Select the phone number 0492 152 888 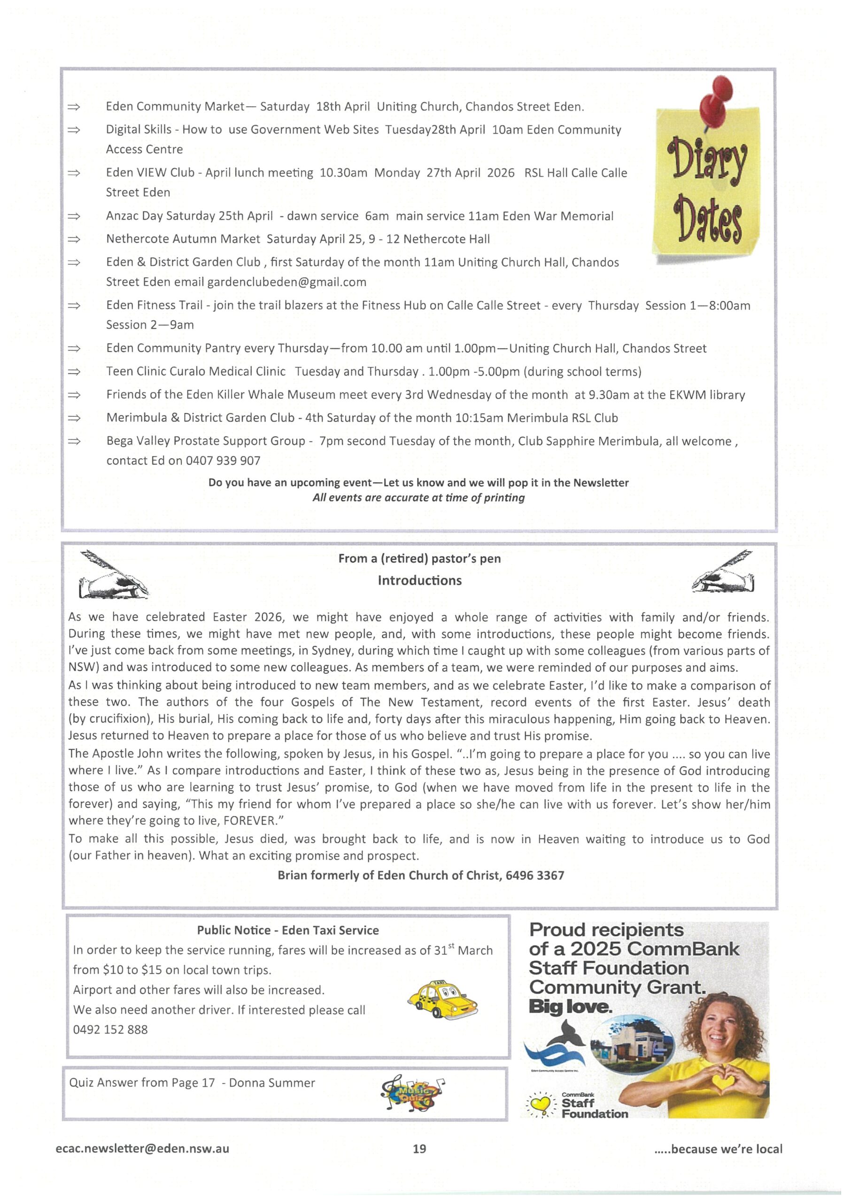click(110, 1030)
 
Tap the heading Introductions click(419, 580)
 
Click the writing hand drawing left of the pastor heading click(113, 575)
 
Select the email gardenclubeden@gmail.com click(286, 282)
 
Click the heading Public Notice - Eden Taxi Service click(287, 930)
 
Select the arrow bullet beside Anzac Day click(74, 216)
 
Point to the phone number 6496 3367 click(535, 875)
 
